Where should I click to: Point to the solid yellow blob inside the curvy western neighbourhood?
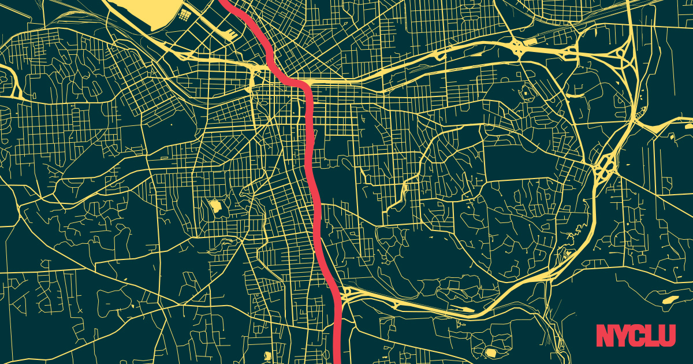tap(215, 205)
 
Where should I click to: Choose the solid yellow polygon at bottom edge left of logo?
tap(491, 352)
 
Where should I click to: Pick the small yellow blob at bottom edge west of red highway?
tap(267, 355)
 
